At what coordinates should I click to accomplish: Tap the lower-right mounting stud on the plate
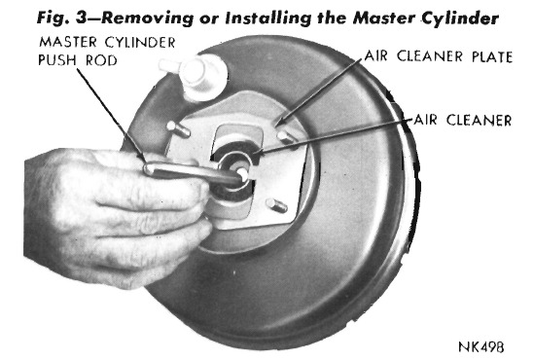[x=276, y=205]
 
